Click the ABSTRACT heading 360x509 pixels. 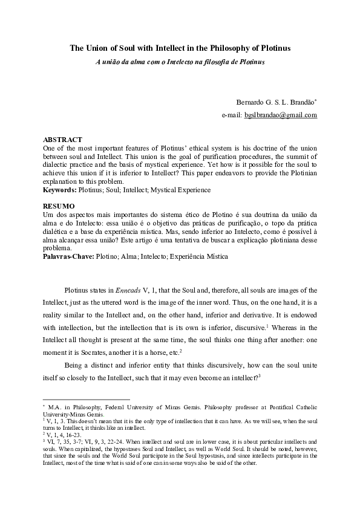point(62,139)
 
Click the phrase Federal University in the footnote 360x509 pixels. point(118,408)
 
